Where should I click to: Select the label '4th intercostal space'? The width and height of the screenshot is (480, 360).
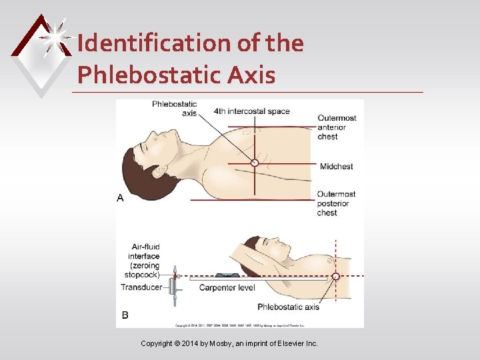point(251,111)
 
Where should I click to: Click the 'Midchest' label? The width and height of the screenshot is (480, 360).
point(336,166)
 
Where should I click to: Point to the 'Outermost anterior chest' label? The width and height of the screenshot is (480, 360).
point(336,127)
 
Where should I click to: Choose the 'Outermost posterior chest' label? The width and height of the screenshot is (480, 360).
point(336,203)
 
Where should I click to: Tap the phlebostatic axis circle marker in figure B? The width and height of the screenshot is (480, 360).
point(335,276)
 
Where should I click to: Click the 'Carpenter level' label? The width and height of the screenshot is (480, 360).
point(226,288)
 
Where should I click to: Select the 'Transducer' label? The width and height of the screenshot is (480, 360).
point(142,287)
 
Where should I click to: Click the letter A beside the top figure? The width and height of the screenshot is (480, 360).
point(120,198)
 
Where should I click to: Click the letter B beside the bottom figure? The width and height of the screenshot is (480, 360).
point(125,314)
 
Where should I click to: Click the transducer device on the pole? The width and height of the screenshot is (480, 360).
point(174,288)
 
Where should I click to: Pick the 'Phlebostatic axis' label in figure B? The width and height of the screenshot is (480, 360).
point(288,307)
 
